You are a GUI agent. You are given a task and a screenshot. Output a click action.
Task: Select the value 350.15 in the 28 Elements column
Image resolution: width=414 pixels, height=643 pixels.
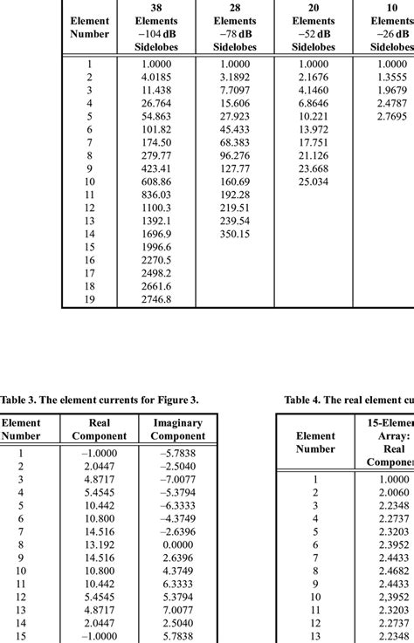point(235,234)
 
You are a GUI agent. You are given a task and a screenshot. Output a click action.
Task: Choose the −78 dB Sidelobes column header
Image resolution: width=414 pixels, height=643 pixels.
point(235,33)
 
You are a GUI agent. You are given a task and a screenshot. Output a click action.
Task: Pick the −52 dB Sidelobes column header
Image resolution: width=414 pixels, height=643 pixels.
point(313,33)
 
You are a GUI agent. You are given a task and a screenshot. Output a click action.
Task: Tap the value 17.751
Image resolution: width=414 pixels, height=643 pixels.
point(313,142)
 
